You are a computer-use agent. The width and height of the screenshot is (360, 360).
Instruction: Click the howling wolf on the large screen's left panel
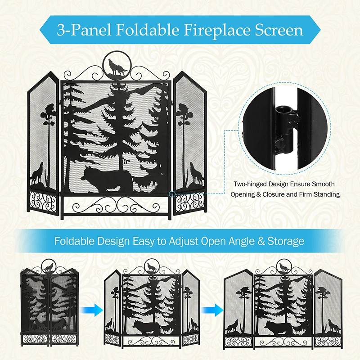pos(37,174)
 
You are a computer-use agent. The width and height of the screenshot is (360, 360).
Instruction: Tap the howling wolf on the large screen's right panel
pos(195,173)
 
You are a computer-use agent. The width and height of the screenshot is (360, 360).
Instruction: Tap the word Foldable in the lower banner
pos(75,241)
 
